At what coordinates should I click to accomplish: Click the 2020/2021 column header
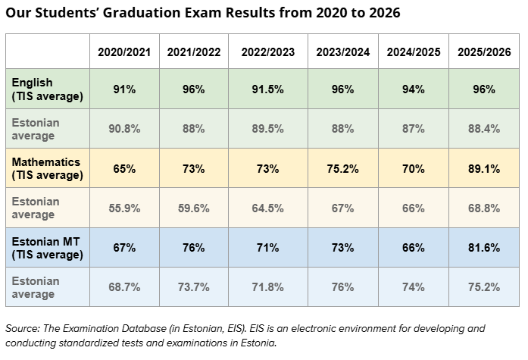(124, 52)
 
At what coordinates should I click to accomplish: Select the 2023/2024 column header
(343, 52)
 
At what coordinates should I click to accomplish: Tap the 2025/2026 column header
(484, 52)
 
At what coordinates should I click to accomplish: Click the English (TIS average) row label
(48, 89)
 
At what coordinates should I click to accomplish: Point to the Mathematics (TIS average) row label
(48, 168)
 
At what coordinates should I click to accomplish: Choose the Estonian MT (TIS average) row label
(48, 248)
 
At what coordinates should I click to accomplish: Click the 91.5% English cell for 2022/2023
(267, 89)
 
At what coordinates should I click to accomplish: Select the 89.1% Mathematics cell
(484, 169)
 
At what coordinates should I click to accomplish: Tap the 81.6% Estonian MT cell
(484, 248)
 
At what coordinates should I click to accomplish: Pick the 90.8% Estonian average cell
(124, 129)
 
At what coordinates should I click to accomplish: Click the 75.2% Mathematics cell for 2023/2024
(343, 169)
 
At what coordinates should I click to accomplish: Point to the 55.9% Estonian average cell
(124, 208)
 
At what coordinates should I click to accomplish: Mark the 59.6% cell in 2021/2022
(194, 208)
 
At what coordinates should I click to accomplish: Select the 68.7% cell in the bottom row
(124, 287)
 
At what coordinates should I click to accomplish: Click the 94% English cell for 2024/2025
(413, 89)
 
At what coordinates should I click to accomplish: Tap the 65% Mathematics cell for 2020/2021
(124, 169)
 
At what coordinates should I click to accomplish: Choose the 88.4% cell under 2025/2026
(484, 129)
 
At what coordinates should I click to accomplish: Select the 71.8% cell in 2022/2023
(267, 287)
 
